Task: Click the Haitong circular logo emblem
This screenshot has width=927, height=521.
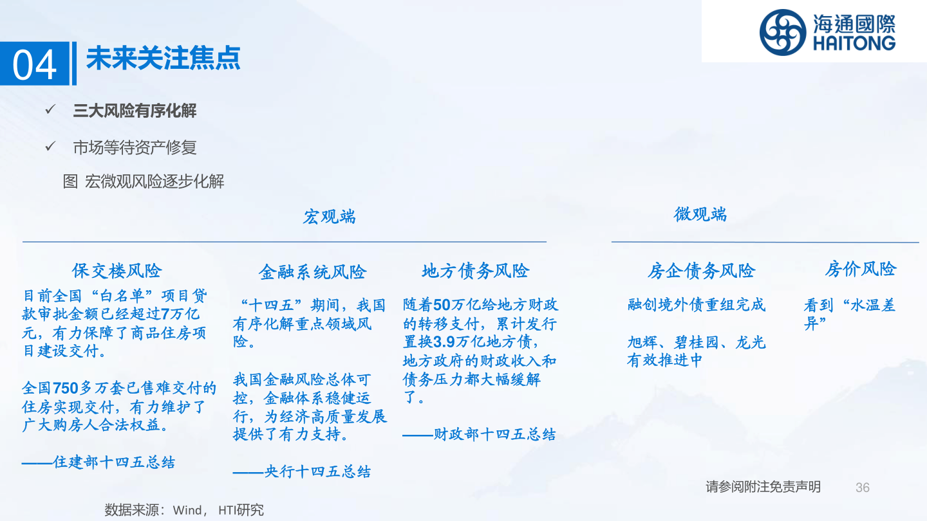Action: [782, 32]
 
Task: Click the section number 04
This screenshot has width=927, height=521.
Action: [35, 64]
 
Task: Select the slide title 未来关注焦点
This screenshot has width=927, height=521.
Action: [163, 58]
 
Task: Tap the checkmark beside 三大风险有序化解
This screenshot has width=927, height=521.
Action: [51, 110]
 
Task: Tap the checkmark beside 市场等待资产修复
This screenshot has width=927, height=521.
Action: [51, 147]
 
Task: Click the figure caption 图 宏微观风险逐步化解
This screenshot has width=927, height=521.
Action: [144, 181]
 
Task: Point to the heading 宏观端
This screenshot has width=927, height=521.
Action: [329, 217]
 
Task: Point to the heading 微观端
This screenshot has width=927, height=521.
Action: [700, 214]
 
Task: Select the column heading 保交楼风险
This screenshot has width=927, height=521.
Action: [117, 271]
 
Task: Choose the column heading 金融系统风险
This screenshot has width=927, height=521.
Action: [312, 272]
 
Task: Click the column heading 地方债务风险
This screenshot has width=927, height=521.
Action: [475, 271]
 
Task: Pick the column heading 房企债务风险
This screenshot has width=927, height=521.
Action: [700, 271]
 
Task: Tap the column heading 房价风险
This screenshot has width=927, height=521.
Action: [860, 269]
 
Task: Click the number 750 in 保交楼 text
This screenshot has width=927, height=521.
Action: [65, 388]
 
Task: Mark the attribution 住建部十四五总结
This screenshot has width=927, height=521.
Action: [114, 462]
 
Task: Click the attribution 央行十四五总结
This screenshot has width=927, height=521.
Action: [317, 471]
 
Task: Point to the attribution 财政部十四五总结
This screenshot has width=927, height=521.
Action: [494, 435]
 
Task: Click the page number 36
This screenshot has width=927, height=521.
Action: [863, 488]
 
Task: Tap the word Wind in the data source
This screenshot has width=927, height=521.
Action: [187, 510]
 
